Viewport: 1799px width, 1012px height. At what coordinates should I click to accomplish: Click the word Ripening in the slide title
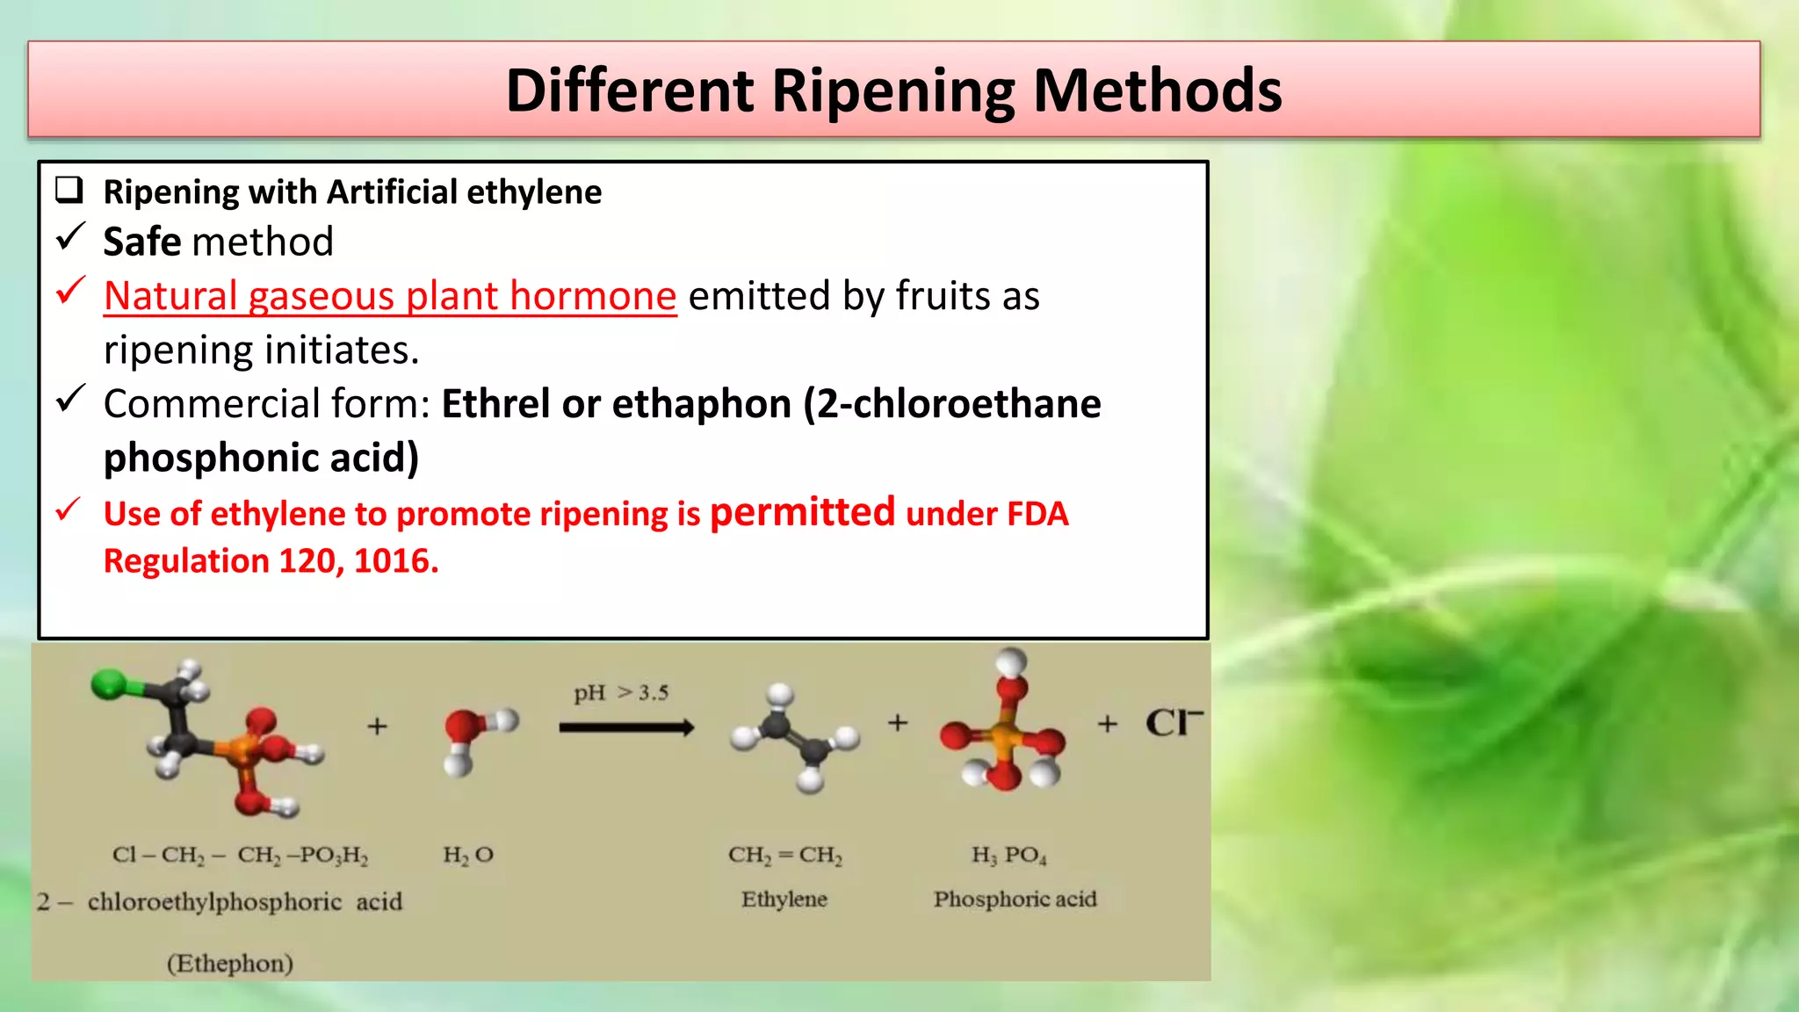coord(892,91)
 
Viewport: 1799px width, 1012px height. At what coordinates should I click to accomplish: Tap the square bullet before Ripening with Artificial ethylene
coord(69,190)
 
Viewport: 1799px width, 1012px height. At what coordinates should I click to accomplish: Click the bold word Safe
coord(141,242)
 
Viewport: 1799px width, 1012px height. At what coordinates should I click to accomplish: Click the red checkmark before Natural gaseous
coord(70,291)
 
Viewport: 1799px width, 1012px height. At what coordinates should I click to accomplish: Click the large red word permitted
coord(802,512)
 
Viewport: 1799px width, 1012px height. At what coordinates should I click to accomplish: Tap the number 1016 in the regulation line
coord(394,561)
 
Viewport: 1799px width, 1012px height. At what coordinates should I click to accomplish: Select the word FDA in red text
coord(1037,514)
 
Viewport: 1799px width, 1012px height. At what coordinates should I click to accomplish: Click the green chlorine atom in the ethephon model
coord(109,684)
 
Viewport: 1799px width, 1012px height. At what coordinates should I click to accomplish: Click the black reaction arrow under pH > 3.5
coord(626,727)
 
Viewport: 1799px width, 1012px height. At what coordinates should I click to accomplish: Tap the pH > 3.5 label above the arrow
coord(621,693)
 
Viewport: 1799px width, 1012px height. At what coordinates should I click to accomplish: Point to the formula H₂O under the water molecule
coord(468,855)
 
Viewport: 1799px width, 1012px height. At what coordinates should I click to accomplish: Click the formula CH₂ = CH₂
coord(784,855)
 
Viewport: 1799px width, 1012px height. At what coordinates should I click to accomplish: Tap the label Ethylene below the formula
coord(784,900)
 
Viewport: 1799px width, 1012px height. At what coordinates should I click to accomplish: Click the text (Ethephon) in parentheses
coord(230,964)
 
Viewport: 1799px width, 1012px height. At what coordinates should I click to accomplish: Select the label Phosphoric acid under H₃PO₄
coord(1015,900)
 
